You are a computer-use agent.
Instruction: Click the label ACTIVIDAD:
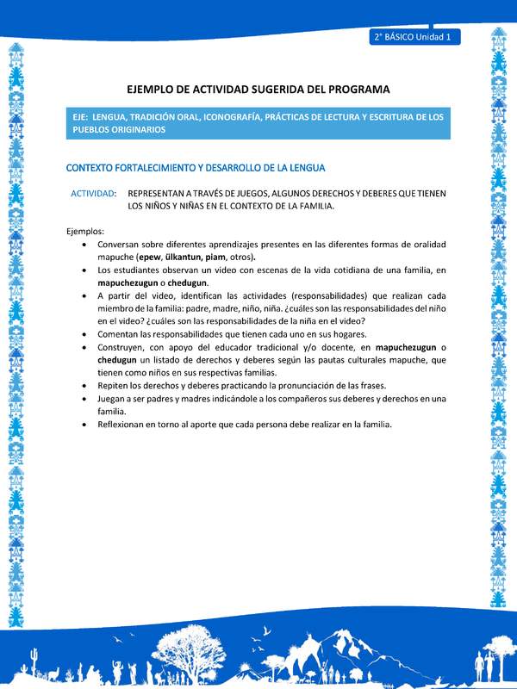[x=94, y=194]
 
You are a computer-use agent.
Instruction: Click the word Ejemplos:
[x=85, y=231]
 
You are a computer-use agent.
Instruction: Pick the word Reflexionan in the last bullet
[x=125, y=425]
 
